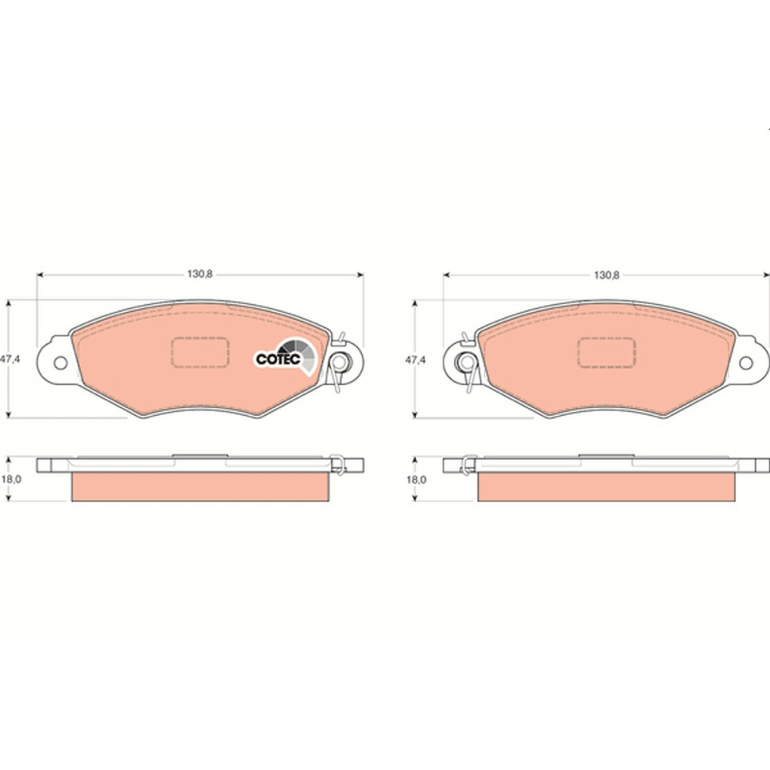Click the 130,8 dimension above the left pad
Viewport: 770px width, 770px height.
coord(200,274)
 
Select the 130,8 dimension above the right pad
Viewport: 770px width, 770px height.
coord(607,275)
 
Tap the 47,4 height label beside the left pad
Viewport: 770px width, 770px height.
coord(10,359)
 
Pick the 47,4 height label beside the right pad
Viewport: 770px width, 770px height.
coord(416,360)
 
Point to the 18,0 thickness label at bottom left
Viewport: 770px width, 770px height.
coord(12,479)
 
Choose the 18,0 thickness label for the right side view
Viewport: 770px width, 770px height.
coord(417,479)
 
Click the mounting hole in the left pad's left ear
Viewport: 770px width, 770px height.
coord(60,363)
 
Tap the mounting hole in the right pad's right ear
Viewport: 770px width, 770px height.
coord(746,363)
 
